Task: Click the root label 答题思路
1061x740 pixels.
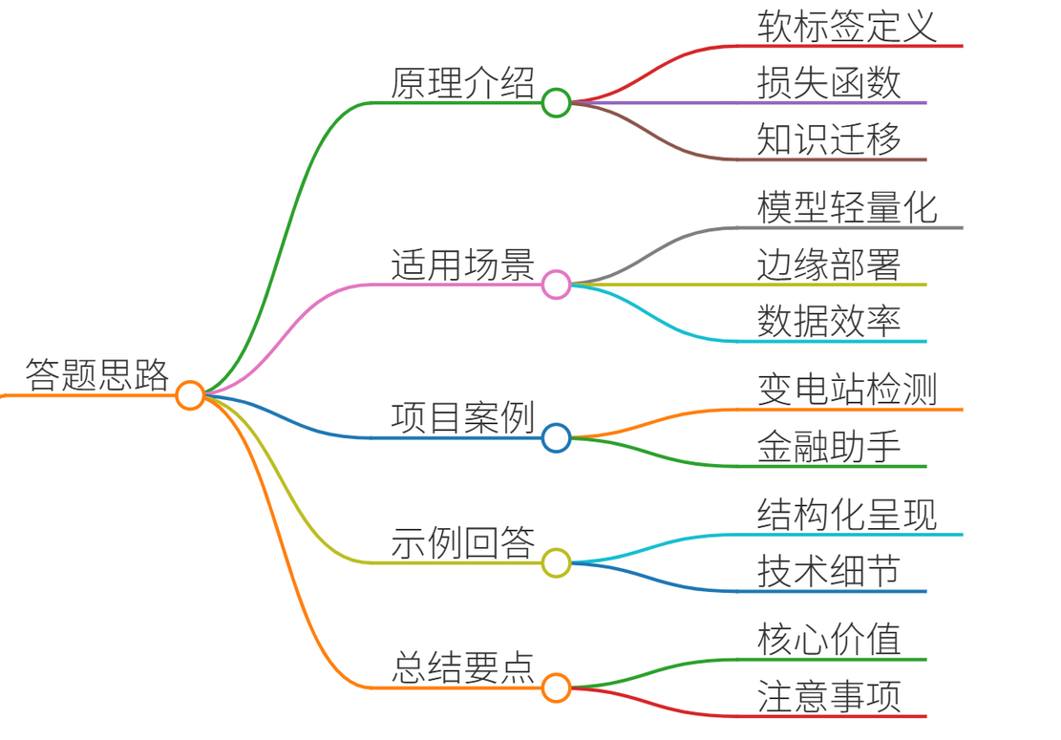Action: pos(97,374)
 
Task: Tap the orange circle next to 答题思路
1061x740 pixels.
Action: pos(190,395)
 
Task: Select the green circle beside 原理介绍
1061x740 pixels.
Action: pos(556,103)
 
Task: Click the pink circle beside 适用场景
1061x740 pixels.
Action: pos(556,285)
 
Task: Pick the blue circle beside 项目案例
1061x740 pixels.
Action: pos(556,437)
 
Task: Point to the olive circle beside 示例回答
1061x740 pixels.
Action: pos(556,562)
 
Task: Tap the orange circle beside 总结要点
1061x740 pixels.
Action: pos(556,687)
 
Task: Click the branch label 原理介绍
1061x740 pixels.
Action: pos(463,83)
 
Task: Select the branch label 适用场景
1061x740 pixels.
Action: pos(463,264)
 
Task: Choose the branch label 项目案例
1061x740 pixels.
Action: pos(463,417)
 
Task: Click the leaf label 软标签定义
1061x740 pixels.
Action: pos(847,27)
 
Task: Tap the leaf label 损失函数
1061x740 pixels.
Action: pos(829,83)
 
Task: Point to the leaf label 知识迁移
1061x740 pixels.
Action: pos(829,139)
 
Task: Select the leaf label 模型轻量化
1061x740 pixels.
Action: pos(847,207)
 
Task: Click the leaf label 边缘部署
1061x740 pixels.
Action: pos(829,264)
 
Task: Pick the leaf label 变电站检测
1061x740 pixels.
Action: pos(847,390)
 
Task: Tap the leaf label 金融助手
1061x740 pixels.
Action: pos(829,447)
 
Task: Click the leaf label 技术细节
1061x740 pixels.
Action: pos(829,572)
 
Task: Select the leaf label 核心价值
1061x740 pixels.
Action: pos(829,639)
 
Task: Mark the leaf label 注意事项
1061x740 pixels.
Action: pos(829,697)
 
